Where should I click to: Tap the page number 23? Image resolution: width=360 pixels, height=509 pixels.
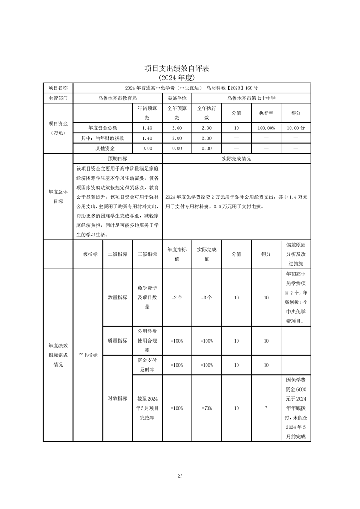coord(180,476)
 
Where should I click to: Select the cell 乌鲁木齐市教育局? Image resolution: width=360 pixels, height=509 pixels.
coord(117,98)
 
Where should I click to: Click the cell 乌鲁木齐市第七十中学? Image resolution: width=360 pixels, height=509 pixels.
coord(251,98)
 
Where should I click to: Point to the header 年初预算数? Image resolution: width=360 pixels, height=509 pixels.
coord(147,113)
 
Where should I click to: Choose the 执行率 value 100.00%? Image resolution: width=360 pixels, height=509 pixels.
coord(266,128)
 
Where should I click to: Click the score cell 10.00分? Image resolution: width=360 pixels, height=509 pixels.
coord(296,128)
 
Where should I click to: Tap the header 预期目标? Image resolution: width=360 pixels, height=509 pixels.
coord(117,159)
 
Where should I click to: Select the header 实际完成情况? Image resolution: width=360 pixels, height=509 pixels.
coord(236,159)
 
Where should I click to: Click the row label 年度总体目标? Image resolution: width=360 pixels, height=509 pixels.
coord(58,196)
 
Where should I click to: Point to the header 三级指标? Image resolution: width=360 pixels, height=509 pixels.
coord(147,254)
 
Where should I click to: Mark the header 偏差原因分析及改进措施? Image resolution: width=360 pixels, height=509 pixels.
coord(296,254)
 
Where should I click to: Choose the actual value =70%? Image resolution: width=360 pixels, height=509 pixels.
coord(207,408)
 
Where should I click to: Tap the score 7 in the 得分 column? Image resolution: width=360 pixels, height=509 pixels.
coord(266,408)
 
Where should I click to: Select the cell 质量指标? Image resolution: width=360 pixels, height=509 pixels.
coord(117,341)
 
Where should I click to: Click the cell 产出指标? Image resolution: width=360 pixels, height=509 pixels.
coord(88,355)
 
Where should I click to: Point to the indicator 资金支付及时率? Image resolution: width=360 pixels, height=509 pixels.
coord(147,365)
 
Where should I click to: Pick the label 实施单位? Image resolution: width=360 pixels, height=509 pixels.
coord(177,98)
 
